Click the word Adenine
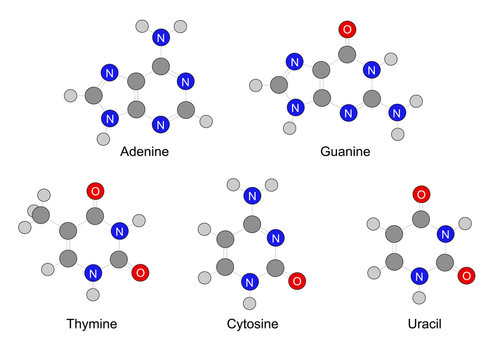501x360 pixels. tap(144, 153)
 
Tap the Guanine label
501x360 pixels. tap(344, 153)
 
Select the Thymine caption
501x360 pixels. tap(91, 324)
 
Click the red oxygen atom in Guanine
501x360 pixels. tap(347, 28)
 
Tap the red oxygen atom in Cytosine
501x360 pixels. tap(297, 281)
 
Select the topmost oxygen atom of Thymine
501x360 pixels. tap(95, 191)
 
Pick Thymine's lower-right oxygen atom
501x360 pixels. tap(141, 272)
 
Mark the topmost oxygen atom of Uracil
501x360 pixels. tap(421, 193)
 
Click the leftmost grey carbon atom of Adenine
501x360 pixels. tap(92, 98)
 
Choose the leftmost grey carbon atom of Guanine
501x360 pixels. tap(279, 86)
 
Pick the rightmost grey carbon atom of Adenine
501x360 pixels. tap(185, 108)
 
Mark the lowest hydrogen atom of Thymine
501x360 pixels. tap(94, 295)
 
